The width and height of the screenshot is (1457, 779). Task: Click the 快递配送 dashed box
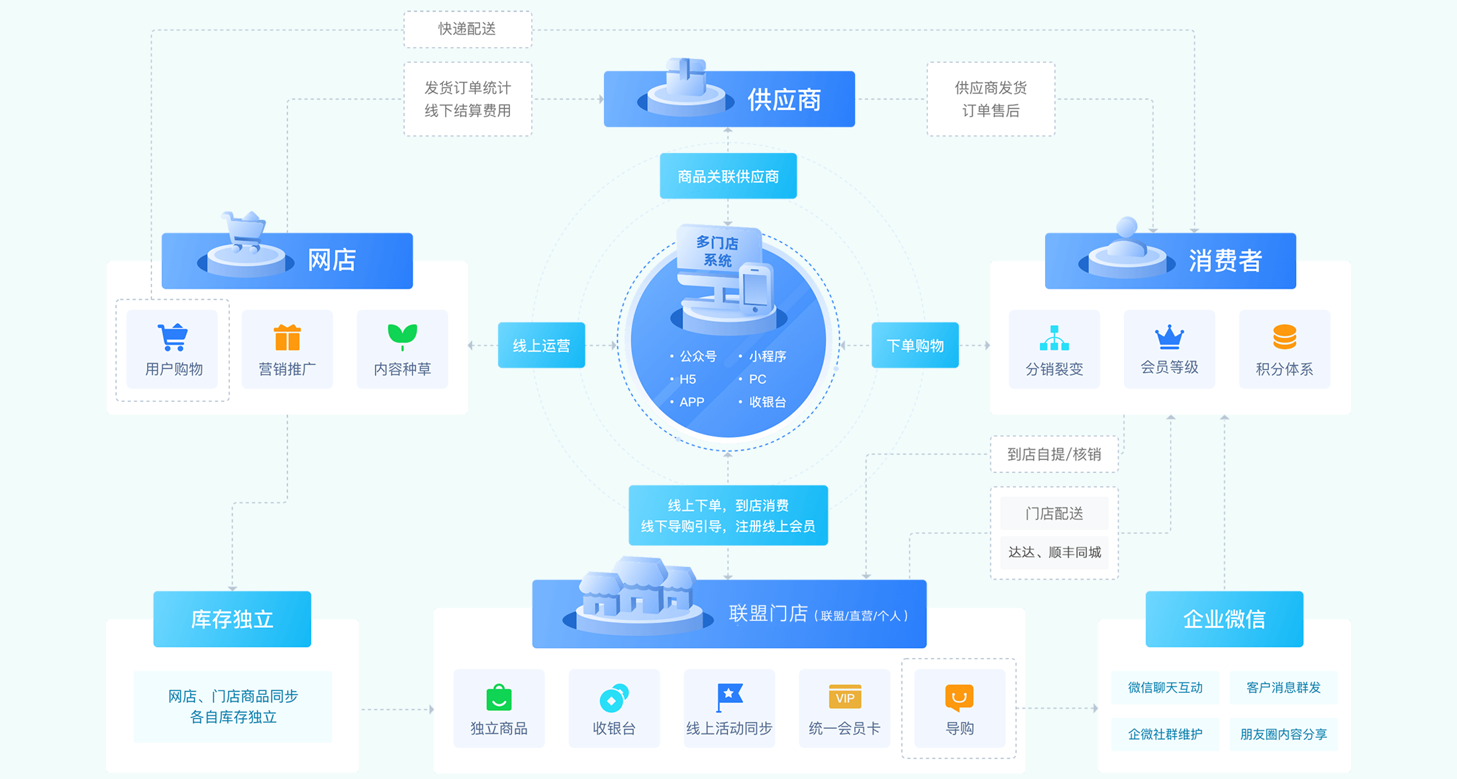[468, 29]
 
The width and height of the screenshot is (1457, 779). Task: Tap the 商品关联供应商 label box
[728, 176]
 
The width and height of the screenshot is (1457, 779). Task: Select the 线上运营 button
[541, 345]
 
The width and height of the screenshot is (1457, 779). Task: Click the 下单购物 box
[915, 345]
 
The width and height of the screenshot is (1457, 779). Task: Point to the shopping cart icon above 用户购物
[173, 337]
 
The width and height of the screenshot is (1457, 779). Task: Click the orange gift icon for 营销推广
[287, 337]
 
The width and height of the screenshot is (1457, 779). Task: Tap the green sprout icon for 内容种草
[402, 337]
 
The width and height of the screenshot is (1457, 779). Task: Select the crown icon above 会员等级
[1169, 337]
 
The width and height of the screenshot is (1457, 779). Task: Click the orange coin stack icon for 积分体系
[1284, 337]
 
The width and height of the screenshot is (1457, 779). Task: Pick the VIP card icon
[844, 697]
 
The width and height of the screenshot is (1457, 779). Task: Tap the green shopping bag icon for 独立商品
[499, 697]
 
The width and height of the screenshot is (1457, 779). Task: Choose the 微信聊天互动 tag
[1165, 688]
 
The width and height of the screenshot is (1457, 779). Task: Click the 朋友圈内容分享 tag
[1283, 734]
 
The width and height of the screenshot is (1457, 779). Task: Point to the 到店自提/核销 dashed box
[1054, 454]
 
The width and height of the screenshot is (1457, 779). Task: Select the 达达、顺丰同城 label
[1054, 552]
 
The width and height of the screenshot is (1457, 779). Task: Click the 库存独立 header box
[232, 619]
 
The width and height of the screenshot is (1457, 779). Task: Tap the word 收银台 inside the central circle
[767, 402]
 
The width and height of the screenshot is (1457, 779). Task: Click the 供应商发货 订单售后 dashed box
[990, 99]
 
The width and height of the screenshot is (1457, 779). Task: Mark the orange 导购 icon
[959, 697]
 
